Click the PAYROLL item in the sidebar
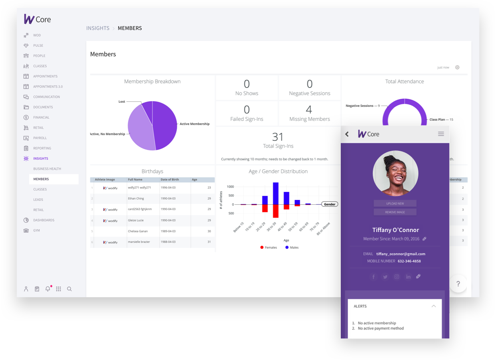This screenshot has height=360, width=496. click(40, 138)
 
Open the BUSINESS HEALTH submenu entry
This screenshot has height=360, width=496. click(47, 169)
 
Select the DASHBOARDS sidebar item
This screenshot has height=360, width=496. click(44, 220)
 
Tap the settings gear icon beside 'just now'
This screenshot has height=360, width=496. click(457, 68)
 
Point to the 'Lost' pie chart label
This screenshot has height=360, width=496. click(122, 102)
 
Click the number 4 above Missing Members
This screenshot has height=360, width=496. click(309, 110)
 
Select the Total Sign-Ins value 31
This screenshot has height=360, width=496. click(278, 137)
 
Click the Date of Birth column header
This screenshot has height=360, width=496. click(170, 180)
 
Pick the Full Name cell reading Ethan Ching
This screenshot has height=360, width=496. click(136, 198)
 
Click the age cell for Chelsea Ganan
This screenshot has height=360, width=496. click(209, 231)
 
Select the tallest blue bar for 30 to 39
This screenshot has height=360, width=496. click(276, 193)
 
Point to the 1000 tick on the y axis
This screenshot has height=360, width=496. click(230, 187)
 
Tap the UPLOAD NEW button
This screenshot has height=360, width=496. click(395, 204)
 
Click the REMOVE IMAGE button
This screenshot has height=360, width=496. click(395, 212)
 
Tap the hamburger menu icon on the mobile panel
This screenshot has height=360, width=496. click(441, 134)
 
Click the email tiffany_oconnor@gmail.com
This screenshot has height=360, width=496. click(400, 254)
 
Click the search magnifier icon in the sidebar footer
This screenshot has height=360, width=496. click(69, 289)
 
